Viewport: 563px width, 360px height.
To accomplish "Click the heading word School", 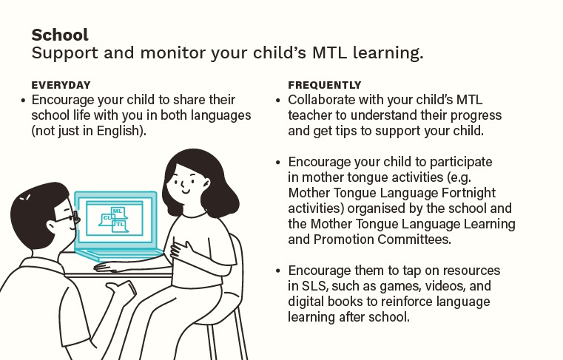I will (60, 35).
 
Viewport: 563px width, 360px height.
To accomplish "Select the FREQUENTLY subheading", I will (325, 85).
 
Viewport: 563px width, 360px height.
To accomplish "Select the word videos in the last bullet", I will (433, 286).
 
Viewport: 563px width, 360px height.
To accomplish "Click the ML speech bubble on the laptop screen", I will (117, 211).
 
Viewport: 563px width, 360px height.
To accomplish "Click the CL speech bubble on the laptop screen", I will (108, 219).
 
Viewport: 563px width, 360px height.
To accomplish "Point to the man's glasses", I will (70, 218).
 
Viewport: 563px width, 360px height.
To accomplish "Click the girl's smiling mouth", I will (185, 190).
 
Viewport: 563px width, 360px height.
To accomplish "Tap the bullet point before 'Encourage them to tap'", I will (278, 271).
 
